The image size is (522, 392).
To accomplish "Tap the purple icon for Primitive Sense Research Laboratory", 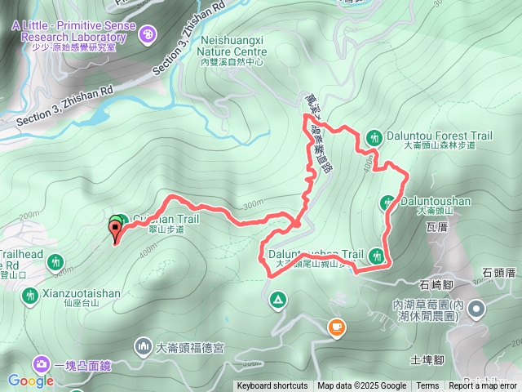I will point(147,33).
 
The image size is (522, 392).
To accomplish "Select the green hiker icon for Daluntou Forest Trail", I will point(374,137).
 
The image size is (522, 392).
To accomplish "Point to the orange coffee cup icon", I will point(335,327).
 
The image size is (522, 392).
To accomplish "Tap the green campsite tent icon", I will point(277,301).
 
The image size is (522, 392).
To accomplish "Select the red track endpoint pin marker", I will point(115,231).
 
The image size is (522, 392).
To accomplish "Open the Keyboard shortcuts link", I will point(272,386).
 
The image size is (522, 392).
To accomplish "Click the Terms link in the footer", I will point(427,386).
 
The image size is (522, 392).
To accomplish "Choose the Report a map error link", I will point(484,386).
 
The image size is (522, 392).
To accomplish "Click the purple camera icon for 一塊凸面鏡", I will point(40,363).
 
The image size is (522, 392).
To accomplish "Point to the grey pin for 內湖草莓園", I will point(477,309).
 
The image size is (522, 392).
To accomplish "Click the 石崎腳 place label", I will point(436,285).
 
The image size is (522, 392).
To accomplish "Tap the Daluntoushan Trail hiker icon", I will point(376,256).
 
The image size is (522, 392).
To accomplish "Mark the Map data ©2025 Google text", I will point(361,386).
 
